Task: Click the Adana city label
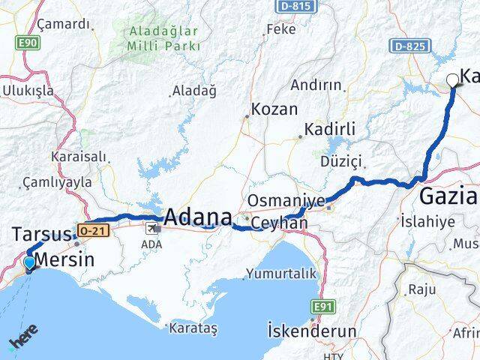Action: click(x=197, y=217)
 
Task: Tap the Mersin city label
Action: click(x=65, y=260)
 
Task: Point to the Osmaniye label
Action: click(x=286, y=200)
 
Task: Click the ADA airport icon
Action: click(x=152, y=229)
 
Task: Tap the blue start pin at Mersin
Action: click(x=28, y=263)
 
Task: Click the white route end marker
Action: click(x=453, y=80)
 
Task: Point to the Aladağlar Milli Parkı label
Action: click(x=163, y=38)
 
